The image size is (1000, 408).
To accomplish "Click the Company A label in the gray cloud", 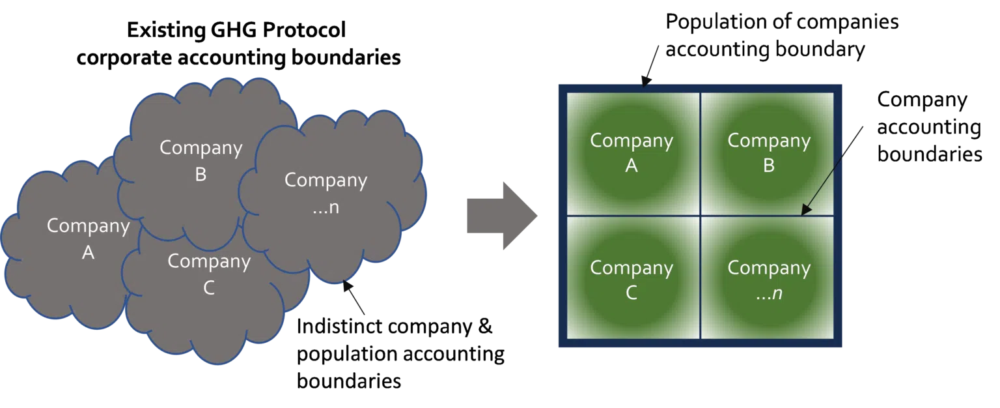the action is pyautogui.click(x=89, y=239).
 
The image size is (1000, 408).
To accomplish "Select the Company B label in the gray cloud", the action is pyautogui.click(x=201, y=161).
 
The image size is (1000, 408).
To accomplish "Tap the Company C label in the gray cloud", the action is pyautogui.click(x=209, y=274).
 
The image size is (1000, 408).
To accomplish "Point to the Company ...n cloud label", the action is pyautogui.click(x=326, y=193).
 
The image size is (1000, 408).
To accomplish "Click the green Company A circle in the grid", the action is pyautogui.click(x=632, y=153).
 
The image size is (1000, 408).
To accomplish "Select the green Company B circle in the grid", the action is pyautogui.click(x=769, y=153).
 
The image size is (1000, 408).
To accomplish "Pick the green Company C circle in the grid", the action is pyautogui.click(x=632, y=280).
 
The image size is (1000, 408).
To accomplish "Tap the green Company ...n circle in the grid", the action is pyautogui.click(x=769, y=280).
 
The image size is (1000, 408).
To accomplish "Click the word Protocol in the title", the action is pyautogui.click(x=304, y=30).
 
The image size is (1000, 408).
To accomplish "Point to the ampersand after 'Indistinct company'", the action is pyautogui.click(x=485, y=327).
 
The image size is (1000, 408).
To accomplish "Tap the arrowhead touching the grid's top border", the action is pyautogui.click(x=646, y=81).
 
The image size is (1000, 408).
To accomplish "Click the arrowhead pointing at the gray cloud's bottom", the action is pyautogui.click(x=347, y=285).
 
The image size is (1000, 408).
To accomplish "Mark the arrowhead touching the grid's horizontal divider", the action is pyautogui.click(x=805, y=210).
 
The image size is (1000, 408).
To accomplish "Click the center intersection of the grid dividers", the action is pyautogui.click(x=701, y=216).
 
